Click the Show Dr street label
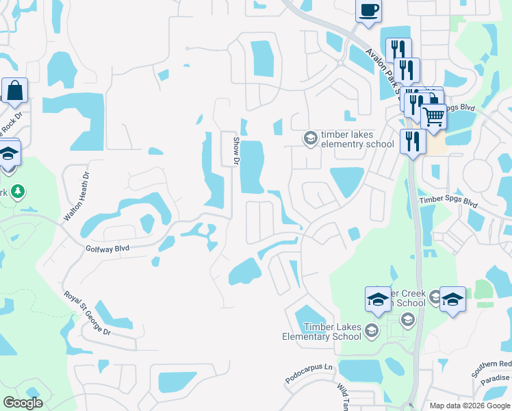coord(236,151)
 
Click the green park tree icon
coord(20,192)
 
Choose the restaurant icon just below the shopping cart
coord(413,142)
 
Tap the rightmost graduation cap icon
coord(452,299)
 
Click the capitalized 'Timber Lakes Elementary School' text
coord(323,332)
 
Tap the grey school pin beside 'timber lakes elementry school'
coord(310,138)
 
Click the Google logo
coord(23,403)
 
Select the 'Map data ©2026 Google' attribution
coord(470,406)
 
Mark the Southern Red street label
coord(491,369)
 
